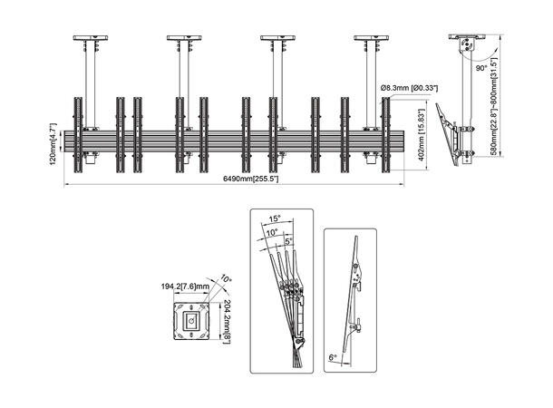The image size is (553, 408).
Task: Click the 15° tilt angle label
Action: (275, 218)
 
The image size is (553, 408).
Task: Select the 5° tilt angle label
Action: (288, 241)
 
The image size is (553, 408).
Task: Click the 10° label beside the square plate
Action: (226, 280)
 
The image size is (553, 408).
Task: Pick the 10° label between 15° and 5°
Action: (272, 231)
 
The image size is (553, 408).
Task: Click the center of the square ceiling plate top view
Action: (190, 319)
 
